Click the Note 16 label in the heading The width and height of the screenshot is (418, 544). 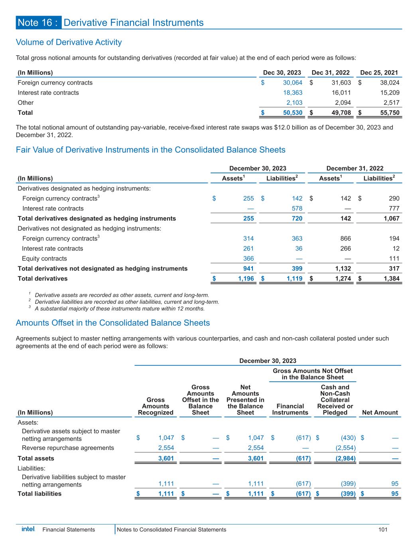pos(39,23)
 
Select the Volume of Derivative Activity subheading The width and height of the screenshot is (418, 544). pos(69,42)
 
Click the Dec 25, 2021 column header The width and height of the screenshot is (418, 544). pos(379,73)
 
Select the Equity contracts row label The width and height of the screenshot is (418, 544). pos(44,258)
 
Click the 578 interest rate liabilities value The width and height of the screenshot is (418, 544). pos(297,208)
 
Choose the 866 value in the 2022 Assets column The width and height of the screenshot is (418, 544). pos(345,238)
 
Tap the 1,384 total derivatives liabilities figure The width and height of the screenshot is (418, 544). pos(391,279)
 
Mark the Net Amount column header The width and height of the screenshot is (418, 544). pos(380,412)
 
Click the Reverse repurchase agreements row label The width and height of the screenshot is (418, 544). pos(68,448)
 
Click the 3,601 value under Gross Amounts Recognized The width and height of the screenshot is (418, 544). pos(166,458)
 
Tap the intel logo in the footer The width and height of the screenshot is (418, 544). pos(28,529)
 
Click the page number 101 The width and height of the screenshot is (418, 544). pos(383,530)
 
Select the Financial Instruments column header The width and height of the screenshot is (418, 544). pos(290,409)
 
